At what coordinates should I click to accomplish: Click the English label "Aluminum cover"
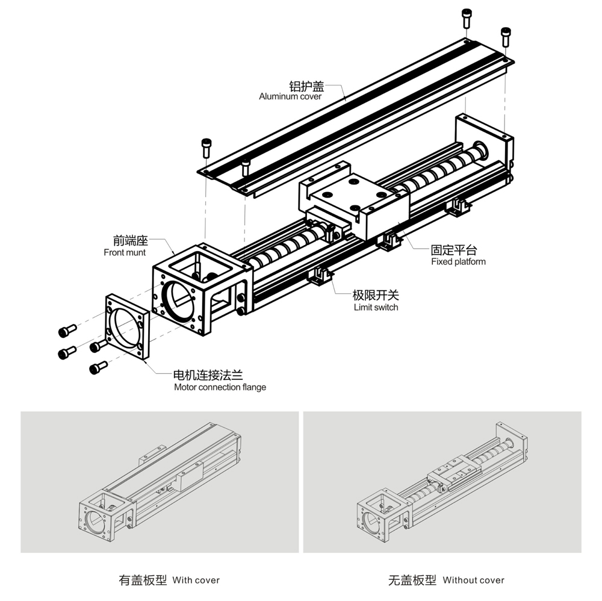(x=290, y=96)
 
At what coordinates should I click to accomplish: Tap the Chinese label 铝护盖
(x=306, y=86)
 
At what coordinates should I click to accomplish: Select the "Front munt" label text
(x=125, y=253)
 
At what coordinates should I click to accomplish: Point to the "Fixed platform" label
(x=458, y=261)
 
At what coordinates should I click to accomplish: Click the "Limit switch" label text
(x=376, y=307)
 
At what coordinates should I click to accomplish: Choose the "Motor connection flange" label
(x=220, y=387)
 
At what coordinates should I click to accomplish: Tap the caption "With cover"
(x=196, y=581)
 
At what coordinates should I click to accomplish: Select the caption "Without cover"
(x=473, y=581)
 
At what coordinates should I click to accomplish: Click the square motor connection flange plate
(x=127, y=329)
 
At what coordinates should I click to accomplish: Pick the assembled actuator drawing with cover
(x=160, y=482)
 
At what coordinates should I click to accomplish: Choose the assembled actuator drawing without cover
(x=442, y=482)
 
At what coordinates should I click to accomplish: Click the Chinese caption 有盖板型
(x=143, y=581)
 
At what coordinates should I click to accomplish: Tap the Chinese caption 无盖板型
(x=412, y=581)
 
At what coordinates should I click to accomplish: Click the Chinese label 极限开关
(x=376, y=296)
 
